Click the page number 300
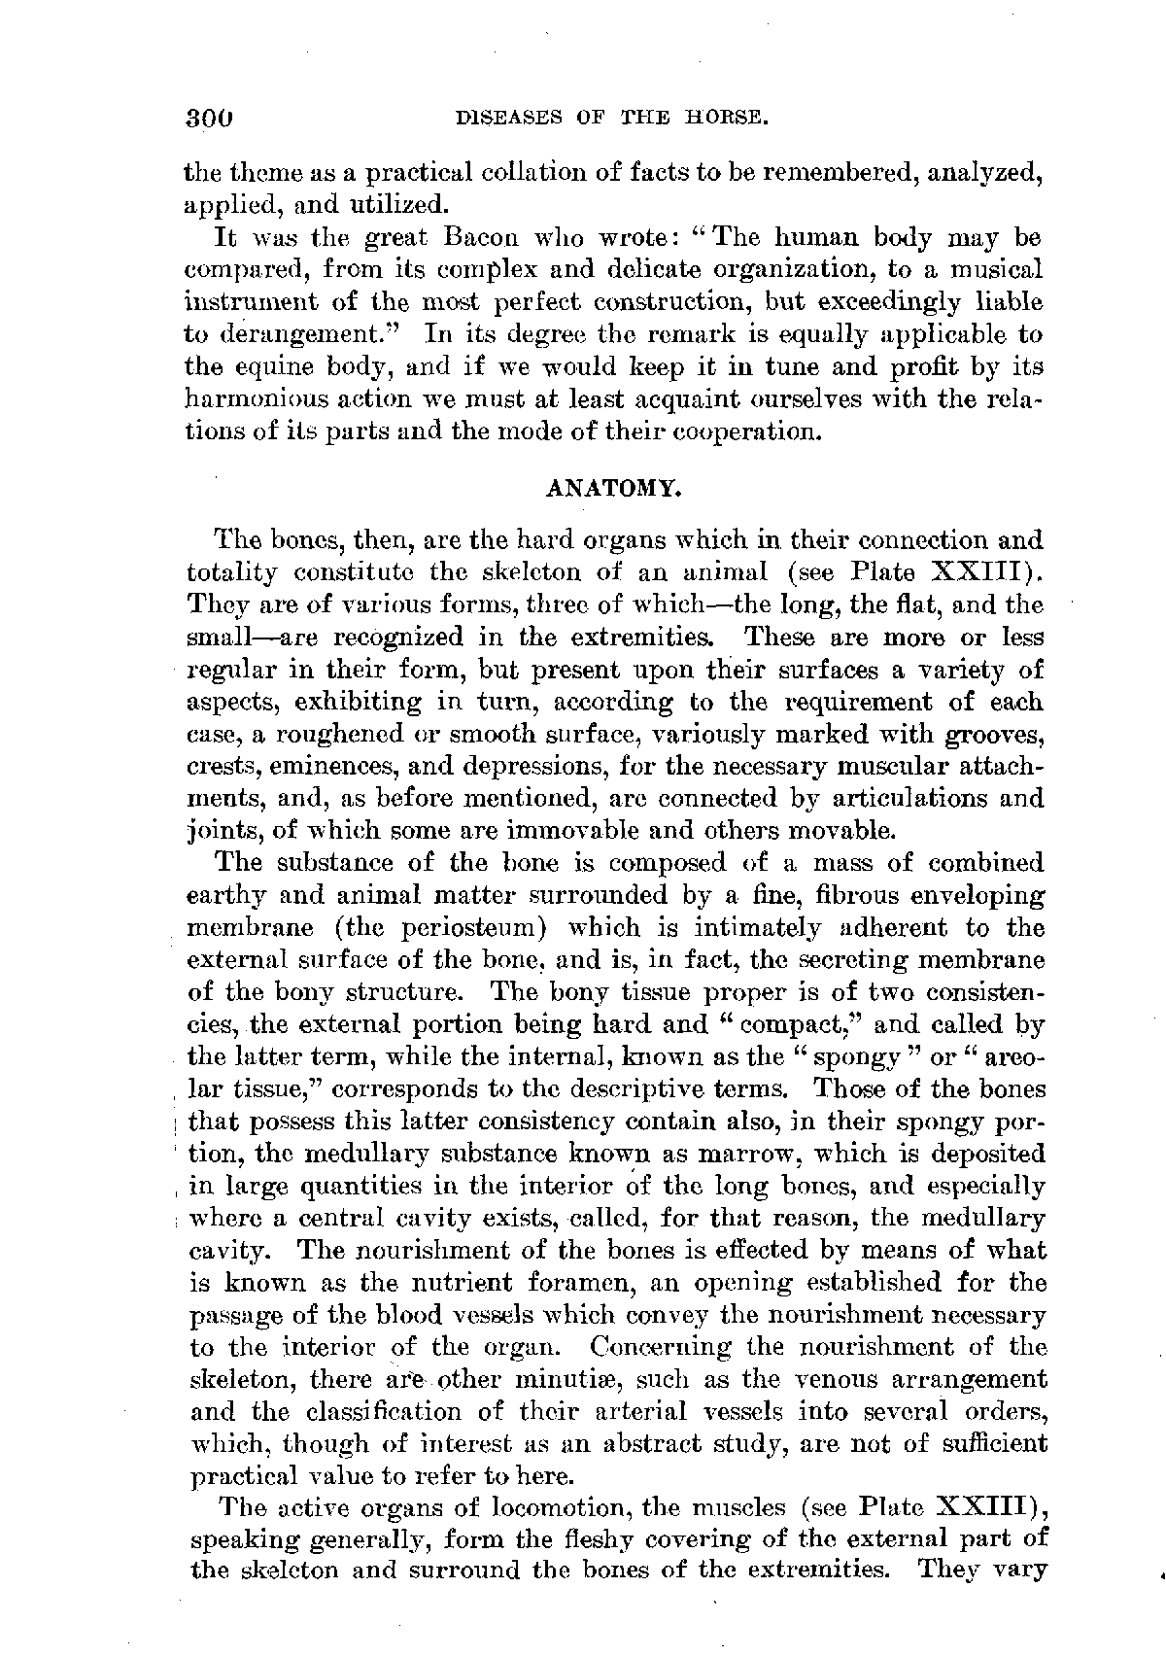click(211, 118)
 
